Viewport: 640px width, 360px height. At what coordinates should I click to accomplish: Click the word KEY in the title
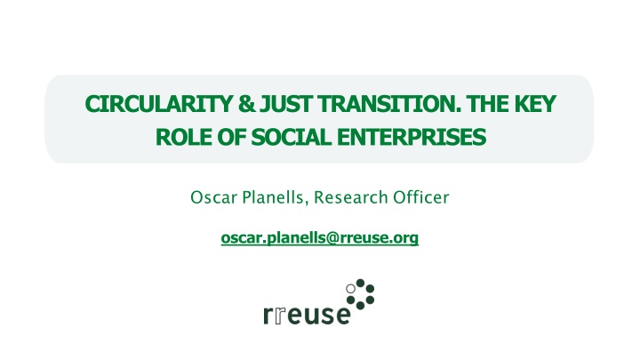[531, 107]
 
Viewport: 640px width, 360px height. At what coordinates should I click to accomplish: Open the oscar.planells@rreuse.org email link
[319, 237]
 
